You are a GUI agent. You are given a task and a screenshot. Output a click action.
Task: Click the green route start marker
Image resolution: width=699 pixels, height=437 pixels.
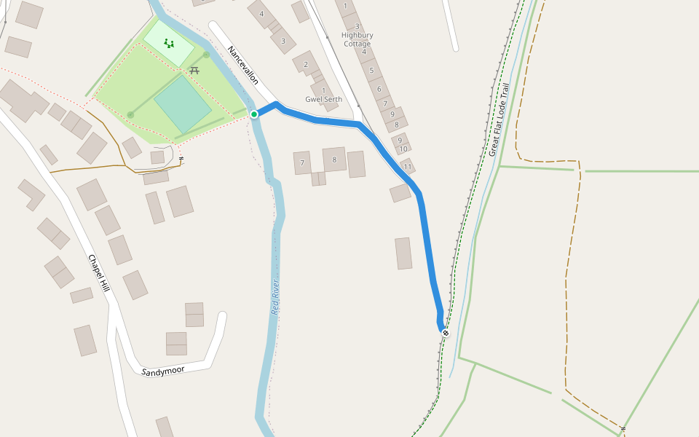[254, 114]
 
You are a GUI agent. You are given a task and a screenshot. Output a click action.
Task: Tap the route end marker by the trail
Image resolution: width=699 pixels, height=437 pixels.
[446, 333]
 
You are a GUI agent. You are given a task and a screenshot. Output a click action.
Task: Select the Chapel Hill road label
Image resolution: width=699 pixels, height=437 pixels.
[98, 273]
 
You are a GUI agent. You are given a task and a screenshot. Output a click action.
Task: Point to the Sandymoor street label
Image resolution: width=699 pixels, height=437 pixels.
[163, 371]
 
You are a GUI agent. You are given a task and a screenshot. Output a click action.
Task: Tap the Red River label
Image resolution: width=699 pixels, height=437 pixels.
[275, 296]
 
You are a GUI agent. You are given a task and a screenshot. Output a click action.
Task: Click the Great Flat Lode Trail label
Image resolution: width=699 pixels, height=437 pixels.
[499, 119]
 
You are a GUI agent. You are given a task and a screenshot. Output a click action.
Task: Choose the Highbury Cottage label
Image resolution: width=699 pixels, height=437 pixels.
[358, 39]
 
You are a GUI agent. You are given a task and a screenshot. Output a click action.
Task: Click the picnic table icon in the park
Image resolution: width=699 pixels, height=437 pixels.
[194, 71]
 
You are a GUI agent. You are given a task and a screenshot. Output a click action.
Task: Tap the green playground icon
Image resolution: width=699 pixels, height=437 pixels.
[169, 44]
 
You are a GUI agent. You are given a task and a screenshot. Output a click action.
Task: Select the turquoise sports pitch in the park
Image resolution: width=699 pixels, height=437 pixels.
[183, 104]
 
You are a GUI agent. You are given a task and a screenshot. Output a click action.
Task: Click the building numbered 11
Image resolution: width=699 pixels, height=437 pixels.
[408, 167]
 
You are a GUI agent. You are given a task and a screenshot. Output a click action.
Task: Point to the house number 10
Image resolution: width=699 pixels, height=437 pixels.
[403, 149]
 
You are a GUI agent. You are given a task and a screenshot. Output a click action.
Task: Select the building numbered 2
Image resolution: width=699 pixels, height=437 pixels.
[307, 65]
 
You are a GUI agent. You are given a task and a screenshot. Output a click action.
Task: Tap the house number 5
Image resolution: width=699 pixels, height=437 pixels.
[371, 71]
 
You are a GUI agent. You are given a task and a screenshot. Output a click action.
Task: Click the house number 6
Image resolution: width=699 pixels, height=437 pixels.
[379, 89]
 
